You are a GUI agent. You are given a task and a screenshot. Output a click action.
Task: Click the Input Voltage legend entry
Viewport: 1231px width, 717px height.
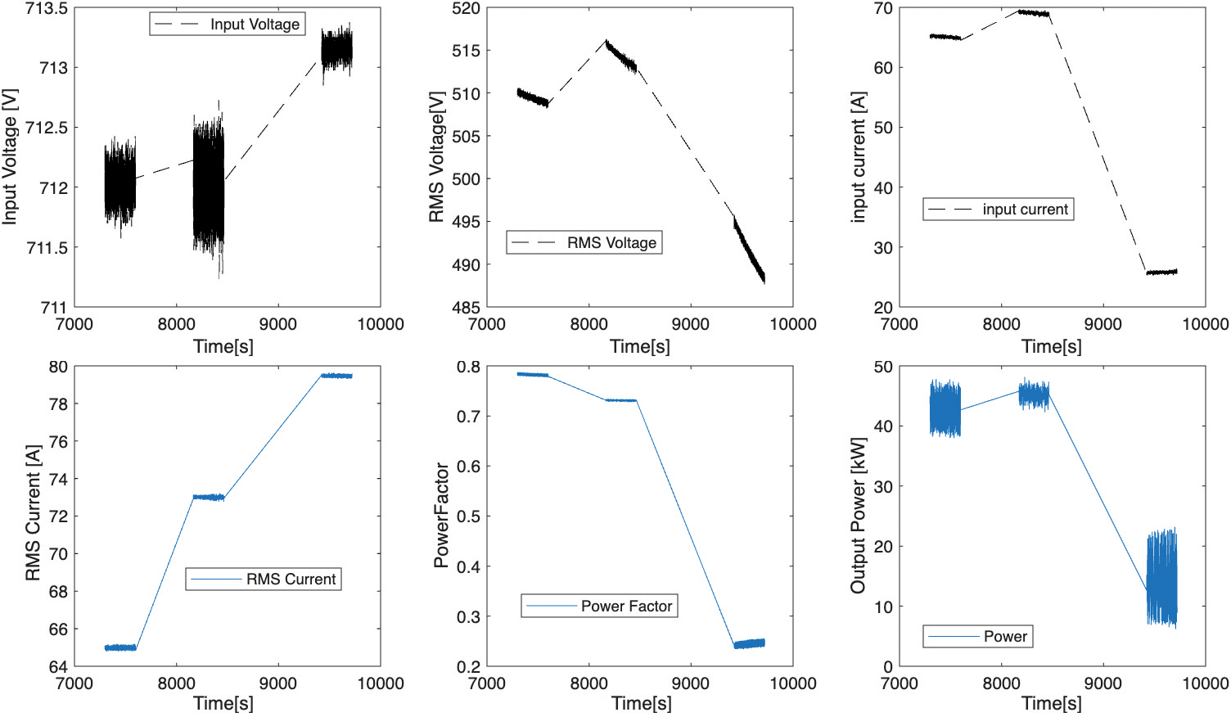227,25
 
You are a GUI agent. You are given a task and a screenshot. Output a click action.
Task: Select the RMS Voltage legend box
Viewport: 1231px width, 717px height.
584,242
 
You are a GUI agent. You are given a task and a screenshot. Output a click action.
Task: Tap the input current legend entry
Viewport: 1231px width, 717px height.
998,210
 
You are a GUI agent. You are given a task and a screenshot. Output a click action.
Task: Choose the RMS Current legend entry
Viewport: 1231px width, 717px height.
264,579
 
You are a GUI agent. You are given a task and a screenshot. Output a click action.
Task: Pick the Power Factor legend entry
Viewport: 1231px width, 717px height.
599,606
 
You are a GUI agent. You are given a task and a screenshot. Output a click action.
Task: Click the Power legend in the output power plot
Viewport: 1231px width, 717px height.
977,636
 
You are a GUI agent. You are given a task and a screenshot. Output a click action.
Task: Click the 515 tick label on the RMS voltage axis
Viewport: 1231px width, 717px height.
466,51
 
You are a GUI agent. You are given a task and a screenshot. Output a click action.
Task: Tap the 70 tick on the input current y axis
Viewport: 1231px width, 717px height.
882,8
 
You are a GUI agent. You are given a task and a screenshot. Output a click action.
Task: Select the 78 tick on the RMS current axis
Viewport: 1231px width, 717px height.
58,404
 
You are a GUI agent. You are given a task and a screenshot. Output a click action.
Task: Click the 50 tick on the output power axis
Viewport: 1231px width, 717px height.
882,367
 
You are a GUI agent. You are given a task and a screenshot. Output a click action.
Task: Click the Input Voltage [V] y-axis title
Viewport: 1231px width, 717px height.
10,157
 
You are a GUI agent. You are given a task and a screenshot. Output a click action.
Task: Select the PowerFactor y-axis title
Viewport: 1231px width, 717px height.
441,516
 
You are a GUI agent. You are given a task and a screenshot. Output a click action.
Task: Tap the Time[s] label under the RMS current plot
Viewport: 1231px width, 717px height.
223,703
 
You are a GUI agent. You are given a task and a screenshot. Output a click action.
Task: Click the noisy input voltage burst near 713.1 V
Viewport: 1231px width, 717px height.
337,52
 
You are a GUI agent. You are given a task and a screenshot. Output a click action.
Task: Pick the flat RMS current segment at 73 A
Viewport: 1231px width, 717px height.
208,497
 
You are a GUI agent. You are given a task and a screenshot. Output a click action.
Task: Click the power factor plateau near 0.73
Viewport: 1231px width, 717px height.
621,400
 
